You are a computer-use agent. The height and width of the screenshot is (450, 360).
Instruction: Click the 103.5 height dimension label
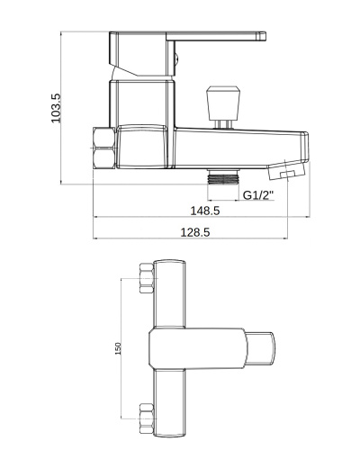pos(56,108)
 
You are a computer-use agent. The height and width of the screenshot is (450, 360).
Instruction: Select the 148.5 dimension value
pos(205,211)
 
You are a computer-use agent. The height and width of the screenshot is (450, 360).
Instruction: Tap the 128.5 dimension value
pos(195,232)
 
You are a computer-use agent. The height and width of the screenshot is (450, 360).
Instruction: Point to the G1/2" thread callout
pos(258,195)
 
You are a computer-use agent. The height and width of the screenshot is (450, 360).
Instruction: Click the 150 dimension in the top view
pos(118,348)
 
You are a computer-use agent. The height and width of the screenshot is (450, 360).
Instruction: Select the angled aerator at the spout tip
pos(287,170)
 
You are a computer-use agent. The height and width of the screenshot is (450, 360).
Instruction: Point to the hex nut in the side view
pos(103,148)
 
